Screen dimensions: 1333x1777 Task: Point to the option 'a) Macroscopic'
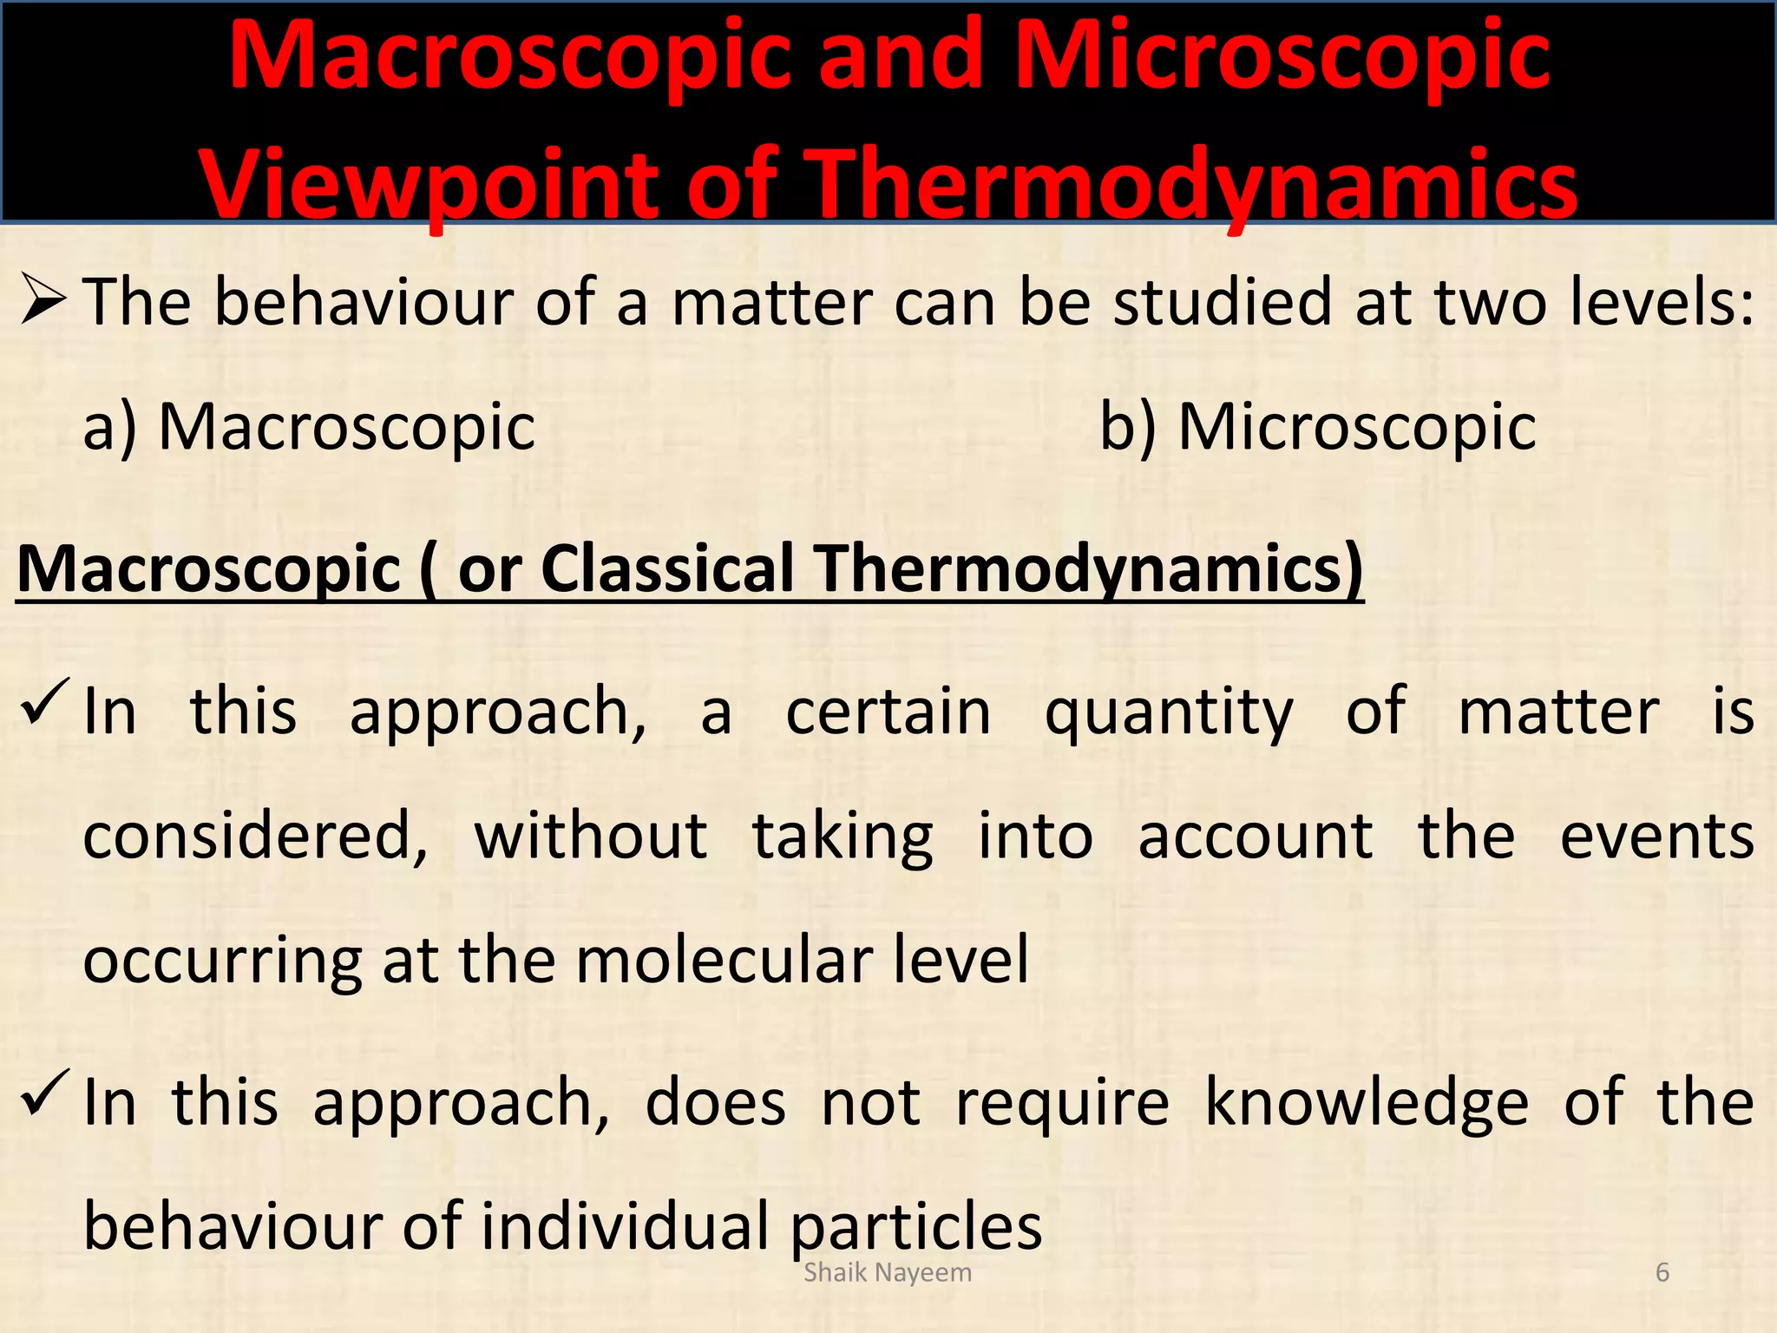(x=309, y=427)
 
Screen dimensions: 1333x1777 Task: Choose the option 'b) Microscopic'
(x=1318, y=427)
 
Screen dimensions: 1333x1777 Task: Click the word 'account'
(x=1256, y=837)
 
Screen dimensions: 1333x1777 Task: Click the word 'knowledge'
(x=1366, y=1103)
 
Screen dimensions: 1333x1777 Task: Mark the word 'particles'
(x=917, y=1226)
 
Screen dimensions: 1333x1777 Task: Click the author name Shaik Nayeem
(x=888, y=1273)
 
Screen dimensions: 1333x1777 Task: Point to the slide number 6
(x=1662, y=1273)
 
